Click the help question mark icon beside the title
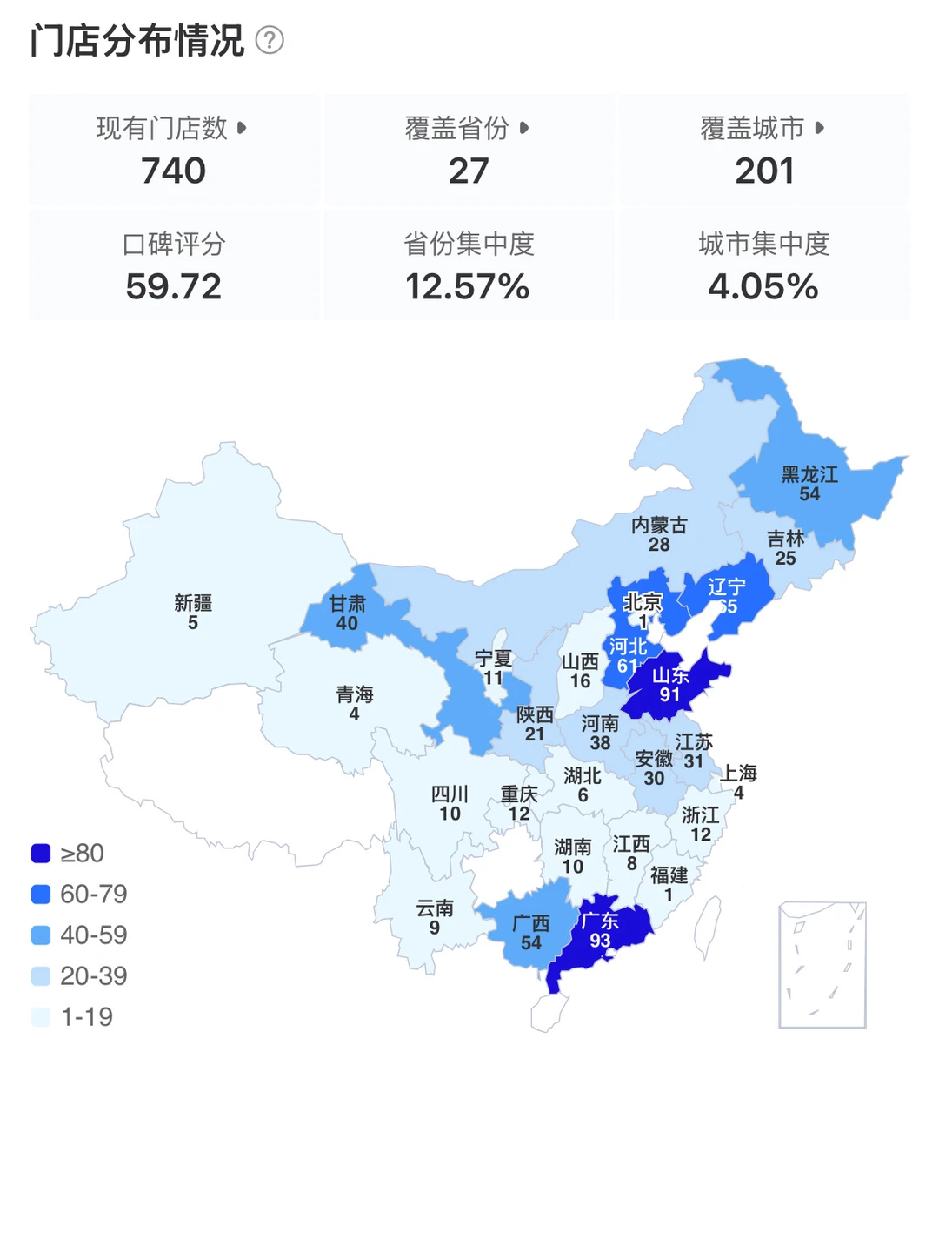click(x=270, y=40)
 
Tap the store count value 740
click(x=174, y=171)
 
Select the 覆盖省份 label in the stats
click(x=457, y=128)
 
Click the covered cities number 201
click(x=764, y=171)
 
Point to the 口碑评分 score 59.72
click(x=174, y=286)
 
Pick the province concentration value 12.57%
click(x=468, y=286)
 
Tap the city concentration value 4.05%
click(x=763, y=286)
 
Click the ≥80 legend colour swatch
click(x=41, y=854)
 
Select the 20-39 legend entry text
click(x=94, y=975)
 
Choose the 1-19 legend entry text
click(x=87, y=1016)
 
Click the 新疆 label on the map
click(x=193, y=603)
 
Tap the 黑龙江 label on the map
click(x=809, y=474)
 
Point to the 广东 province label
click(x=600, y=921)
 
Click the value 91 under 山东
click(x=669, y=694)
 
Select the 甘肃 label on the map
click(x=347, y=604)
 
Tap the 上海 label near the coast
click(x=738, y=773)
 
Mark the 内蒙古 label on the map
click(x=659, y=525)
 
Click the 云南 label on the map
click(x=435, y=908)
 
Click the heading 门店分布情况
click(x=137, y=40)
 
